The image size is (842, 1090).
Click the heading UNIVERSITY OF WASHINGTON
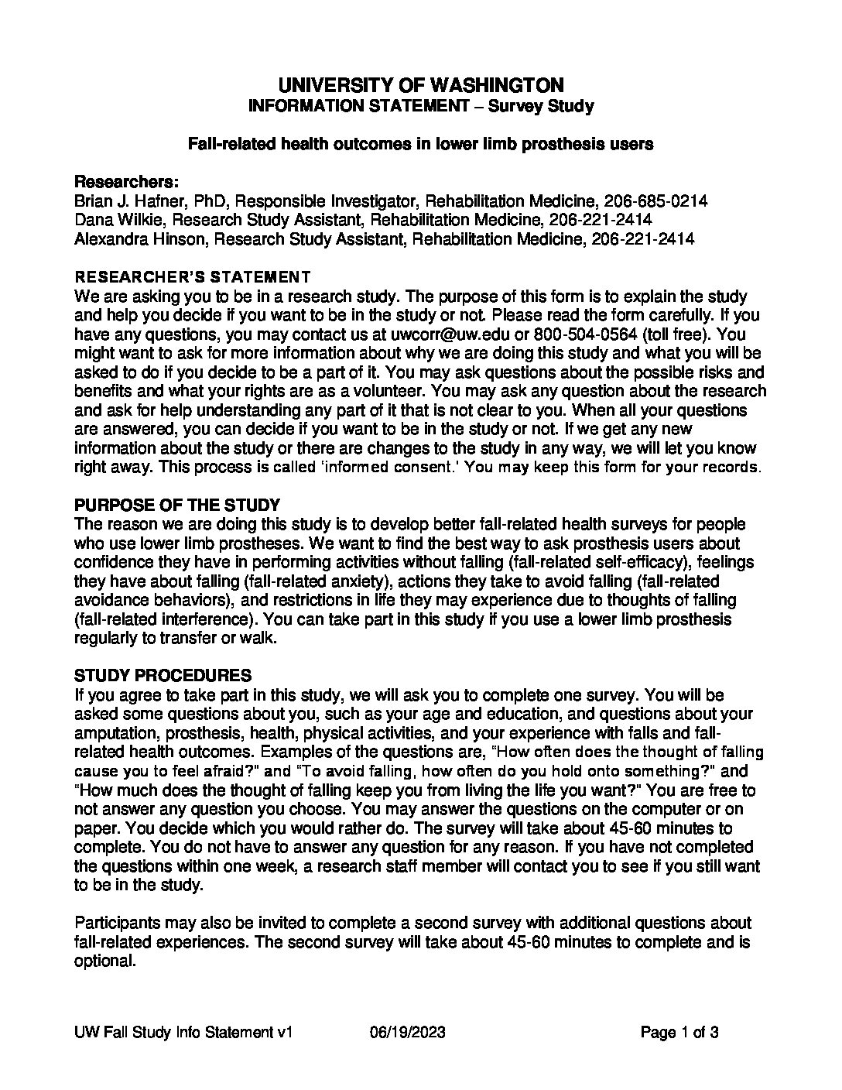[420, 84]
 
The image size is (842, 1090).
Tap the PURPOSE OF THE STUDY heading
[176, 506]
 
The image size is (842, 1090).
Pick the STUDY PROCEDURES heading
[163, 676]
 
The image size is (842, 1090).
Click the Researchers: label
[126, 183]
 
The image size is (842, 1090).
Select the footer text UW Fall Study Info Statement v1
[183, 1033]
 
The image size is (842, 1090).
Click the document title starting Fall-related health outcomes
[421, 144]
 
